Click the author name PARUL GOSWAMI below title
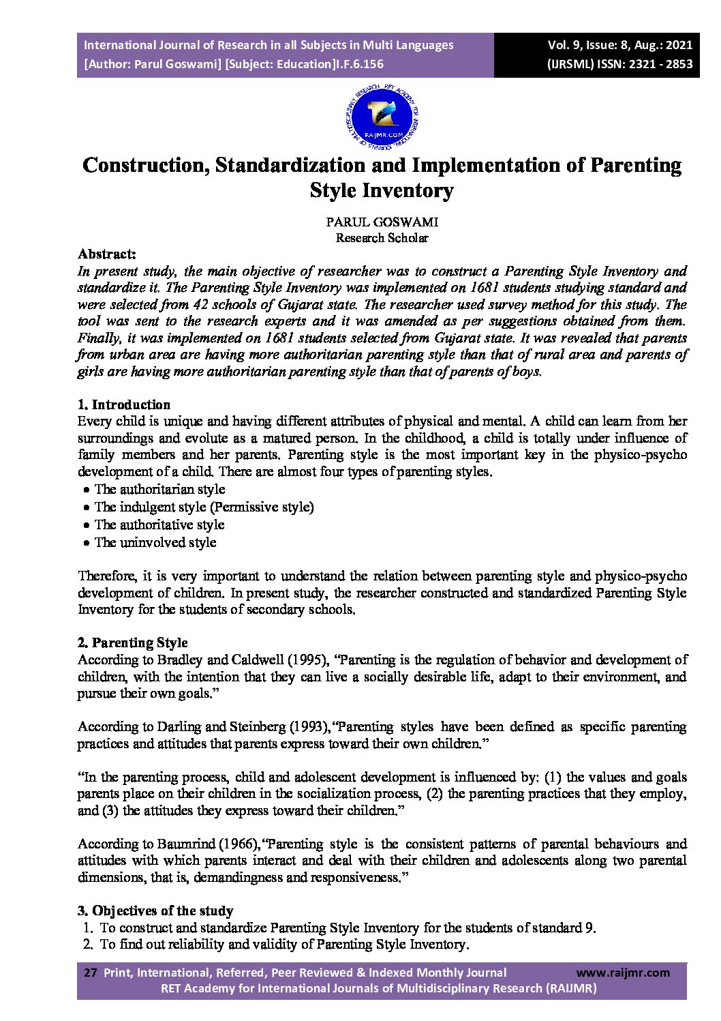[382, 222]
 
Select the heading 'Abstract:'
[107, 254]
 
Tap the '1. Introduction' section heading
[124, 404]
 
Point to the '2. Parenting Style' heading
[133, 642]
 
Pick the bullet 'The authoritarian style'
[159, 489]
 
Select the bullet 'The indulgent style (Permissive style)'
[204, 507]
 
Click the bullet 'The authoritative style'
[159, 524]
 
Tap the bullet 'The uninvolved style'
[155, 542]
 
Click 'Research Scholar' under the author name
[382, 238]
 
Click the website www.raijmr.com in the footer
[623, 973]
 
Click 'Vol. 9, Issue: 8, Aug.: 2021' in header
[619, 45]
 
